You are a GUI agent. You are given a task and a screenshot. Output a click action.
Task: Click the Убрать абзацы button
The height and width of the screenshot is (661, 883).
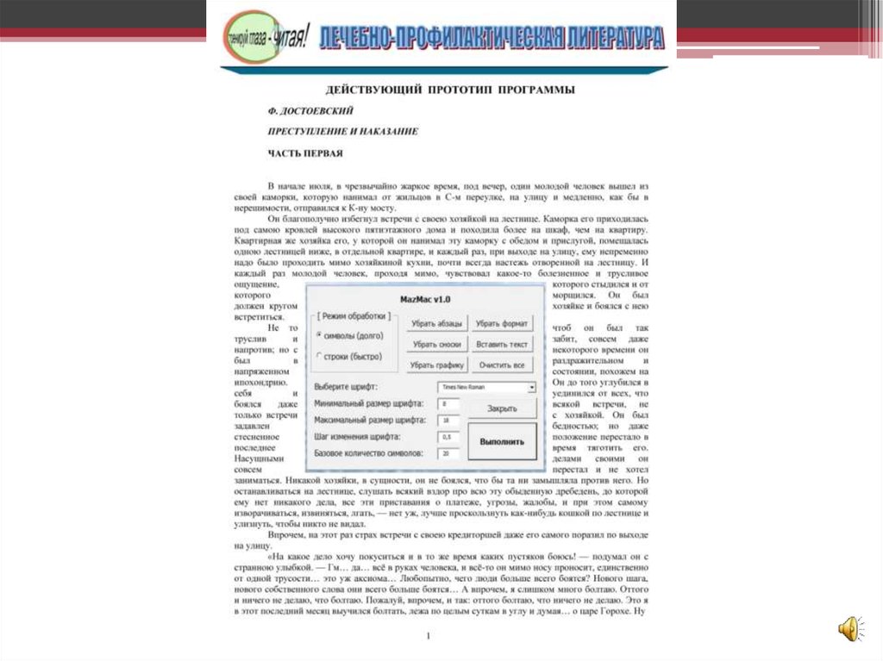click(x=438, y=324)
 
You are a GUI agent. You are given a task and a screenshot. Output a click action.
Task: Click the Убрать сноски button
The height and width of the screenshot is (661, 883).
click(x=438, y=345)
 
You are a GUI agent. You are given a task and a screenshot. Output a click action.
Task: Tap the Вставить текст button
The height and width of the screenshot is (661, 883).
click(x=501, y=345)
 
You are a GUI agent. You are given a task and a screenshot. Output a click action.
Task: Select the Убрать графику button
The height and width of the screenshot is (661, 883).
click(x=438, y=365)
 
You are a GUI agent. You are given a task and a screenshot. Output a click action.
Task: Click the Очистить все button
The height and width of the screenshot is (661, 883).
click(x=501, y=365)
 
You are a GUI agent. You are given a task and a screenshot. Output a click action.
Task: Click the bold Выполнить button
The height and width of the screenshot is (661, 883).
click(x=502, y=441)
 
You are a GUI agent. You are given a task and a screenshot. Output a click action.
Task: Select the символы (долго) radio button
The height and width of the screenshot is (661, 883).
click(x=319, y=335)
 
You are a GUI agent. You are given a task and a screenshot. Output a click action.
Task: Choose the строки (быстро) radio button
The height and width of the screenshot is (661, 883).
click(x=319, y=356)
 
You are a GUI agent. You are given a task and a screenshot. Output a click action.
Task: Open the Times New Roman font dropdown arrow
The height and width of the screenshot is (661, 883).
click(x=532, y=388)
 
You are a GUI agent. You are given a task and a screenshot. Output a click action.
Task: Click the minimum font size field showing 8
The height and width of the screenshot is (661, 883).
click(x=448, y=403)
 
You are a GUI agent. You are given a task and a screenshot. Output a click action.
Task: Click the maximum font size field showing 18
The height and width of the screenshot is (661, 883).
click(x=448, y=420)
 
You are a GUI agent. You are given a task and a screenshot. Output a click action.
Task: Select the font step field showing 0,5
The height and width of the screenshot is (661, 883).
click(x=448, y=436)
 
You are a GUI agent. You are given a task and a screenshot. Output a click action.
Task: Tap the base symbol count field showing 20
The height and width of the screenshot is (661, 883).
click(x=448, y=452)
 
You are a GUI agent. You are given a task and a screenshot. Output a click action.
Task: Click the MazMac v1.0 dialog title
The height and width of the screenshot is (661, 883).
click(x=425, y=299)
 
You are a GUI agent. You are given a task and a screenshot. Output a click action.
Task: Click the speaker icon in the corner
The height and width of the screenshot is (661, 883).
click(x=849, y=628)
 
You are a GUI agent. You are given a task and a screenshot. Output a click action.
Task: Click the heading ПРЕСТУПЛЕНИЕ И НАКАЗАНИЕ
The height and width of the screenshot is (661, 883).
click(x=342, y=132)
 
